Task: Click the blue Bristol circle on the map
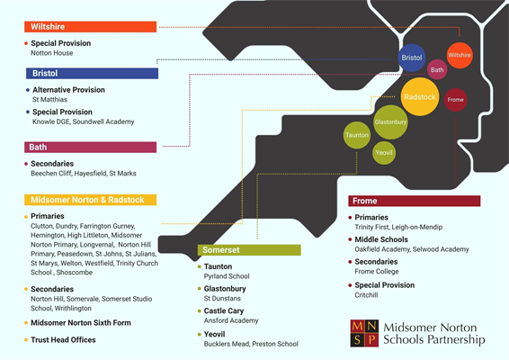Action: coord(412,58)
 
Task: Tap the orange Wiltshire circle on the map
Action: coord(460,56)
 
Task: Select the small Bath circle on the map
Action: coord(437,69)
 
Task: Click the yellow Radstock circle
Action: coord(420,96)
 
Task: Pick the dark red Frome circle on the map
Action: coord(455,99)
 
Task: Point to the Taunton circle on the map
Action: coord(357,136)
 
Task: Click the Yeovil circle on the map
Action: coord(385,153)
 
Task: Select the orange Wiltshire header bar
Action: coord(90,27)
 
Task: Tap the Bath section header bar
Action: coord(90,147)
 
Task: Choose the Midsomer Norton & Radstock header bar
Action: coord(90,200)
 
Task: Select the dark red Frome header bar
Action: coord(415,201)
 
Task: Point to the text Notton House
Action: coord(51,53)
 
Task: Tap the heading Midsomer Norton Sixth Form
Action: coord(81,322)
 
